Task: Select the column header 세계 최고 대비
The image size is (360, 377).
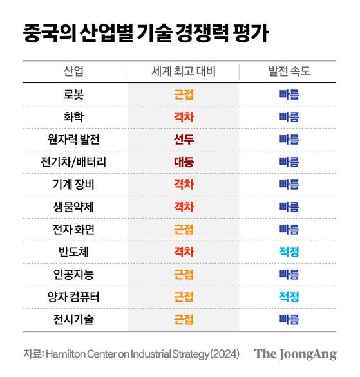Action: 184,71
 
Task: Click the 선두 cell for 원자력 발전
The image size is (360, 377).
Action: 184,140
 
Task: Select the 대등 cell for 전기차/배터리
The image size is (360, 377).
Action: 184,162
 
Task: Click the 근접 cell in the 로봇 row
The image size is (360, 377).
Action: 184,95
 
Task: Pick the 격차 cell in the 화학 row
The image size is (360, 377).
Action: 184,117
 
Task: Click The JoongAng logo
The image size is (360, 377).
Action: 295,354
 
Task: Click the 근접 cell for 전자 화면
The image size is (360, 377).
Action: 184,229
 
